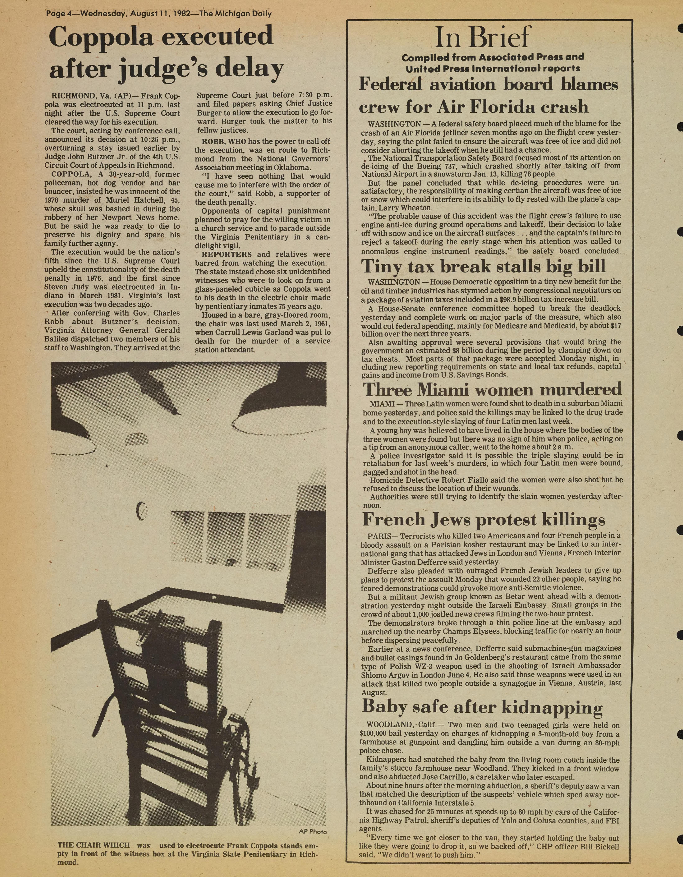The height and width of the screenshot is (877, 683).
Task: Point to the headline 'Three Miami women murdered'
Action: [x=492, y=389]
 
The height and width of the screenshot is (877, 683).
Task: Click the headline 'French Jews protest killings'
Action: [x=483, y=520]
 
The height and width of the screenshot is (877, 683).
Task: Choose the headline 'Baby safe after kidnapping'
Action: [x=482, y=707]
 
